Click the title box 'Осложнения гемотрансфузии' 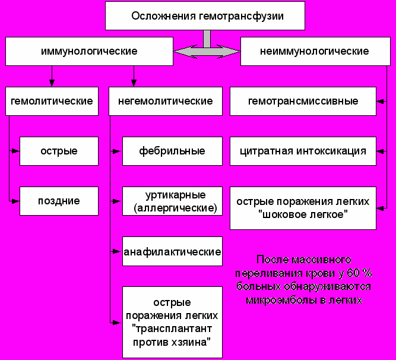(x=205, y=16)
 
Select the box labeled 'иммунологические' (x=89, y=51)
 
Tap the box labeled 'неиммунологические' (x=314, y=51)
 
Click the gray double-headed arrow (x=207, y=52)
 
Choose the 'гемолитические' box (x=52, y=101)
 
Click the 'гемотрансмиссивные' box (x=303, y=101)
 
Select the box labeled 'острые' (x=58, y=151)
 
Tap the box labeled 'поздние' (x=58, y=201)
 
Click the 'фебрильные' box (x=172, y=151)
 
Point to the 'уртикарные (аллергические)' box (x=172, y=201)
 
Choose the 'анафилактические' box (x=172, y=252)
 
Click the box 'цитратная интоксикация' (x=303, y=151)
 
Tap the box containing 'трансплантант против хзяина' (x=172, y=322)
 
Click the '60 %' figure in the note (x=359, y=273)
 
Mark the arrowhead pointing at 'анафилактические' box (x=118, y=252)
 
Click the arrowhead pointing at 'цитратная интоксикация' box (x=381, y=151)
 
